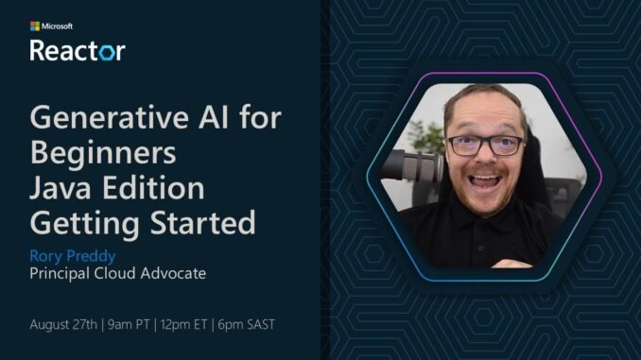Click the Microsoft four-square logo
point(35,26)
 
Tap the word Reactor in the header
point(77,49)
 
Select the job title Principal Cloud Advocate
point(118,273)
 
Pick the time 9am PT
point(139,324)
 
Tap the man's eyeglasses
point(486,146)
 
